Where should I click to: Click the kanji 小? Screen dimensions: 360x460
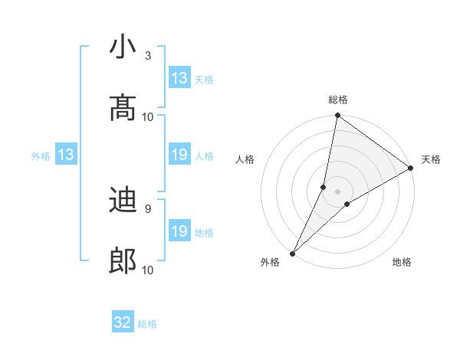tap(123, 47)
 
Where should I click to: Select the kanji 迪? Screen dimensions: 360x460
tap(123, 201)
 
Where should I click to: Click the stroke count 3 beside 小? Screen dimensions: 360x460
tap(148, 56)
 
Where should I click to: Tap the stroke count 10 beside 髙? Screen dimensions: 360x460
tap(148, 116)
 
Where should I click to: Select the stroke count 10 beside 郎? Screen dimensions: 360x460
tap(148, 270)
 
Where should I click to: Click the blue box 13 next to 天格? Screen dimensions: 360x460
tap(179, 78)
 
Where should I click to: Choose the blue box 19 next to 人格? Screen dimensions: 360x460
tap(179, 155)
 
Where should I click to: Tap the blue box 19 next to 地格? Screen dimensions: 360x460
tap(179, 231)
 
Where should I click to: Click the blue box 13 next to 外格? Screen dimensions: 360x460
tap(66, 155)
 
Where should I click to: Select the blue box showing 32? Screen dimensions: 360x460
tap(123, 323)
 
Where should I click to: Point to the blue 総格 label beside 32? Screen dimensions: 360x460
tap(148, 324)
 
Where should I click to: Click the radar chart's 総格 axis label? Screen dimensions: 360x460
tap(338, 100)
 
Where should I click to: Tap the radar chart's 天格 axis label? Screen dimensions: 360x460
tap(431, 159)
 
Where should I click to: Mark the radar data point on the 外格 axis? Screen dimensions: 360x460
tap(292, 253)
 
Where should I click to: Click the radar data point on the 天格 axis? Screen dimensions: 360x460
tap(411, 168)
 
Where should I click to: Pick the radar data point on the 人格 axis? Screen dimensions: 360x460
tap(324, 187)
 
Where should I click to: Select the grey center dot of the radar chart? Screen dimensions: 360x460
tap(338, 191)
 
